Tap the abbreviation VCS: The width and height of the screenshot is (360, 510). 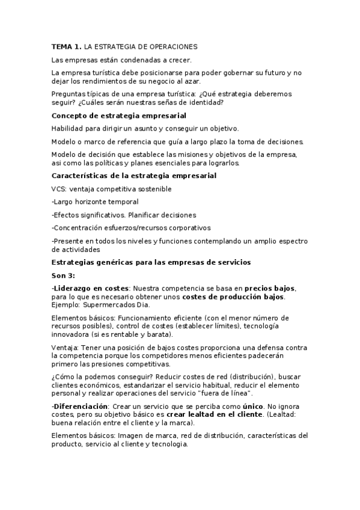[59, 189]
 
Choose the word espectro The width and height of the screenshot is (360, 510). [290, 241]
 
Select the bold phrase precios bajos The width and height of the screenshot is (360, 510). [270, 288]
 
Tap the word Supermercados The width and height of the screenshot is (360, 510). [106, 305]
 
